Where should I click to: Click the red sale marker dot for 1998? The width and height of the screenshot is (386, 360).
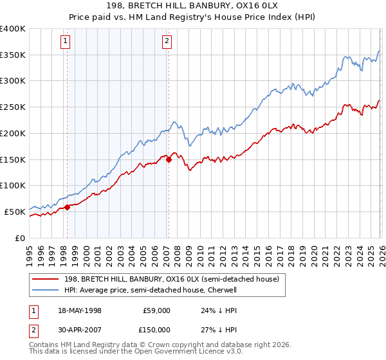point(67,207)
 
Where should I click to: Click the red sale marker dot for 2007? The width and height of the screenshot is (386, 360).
point(169,159)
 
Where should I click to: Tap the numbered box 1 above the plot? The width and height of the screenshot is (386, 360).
point(66,42)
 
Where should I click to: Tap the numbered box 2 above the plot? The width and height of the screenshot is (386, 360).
point(167,42)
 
